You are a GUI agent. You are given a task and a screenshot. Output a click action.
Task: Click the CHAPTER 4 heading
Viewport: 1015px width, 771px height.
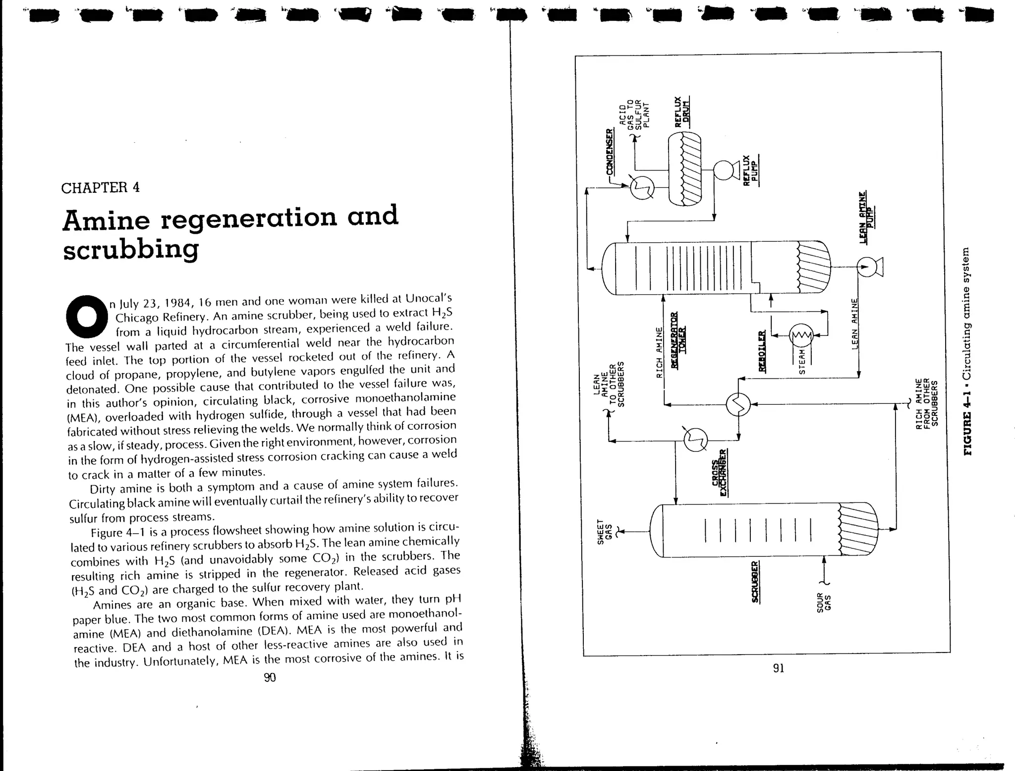point(100,188)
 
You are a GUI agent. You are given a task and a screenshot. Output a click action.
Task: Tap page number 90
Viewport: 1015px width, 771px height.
point(270,677)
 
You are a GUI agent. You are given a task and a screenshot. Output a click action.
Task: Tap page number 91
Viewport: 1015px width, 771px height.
point(779,668)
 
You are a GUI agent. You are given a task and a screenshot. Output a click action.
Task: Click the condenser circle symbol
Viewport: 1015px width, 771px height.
point(642,187)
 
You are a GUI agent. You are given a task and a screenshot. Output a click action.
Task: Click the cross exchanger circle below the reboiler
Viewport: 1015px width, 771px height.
point(738,405)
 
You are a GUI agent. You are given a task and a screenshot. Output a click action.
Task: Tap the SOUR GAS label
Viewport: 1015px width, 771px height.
point(824,602)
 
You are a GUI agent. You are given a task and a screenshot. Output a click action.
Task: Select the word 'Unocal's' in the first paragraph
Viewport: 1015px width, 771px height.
point(428,299)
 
